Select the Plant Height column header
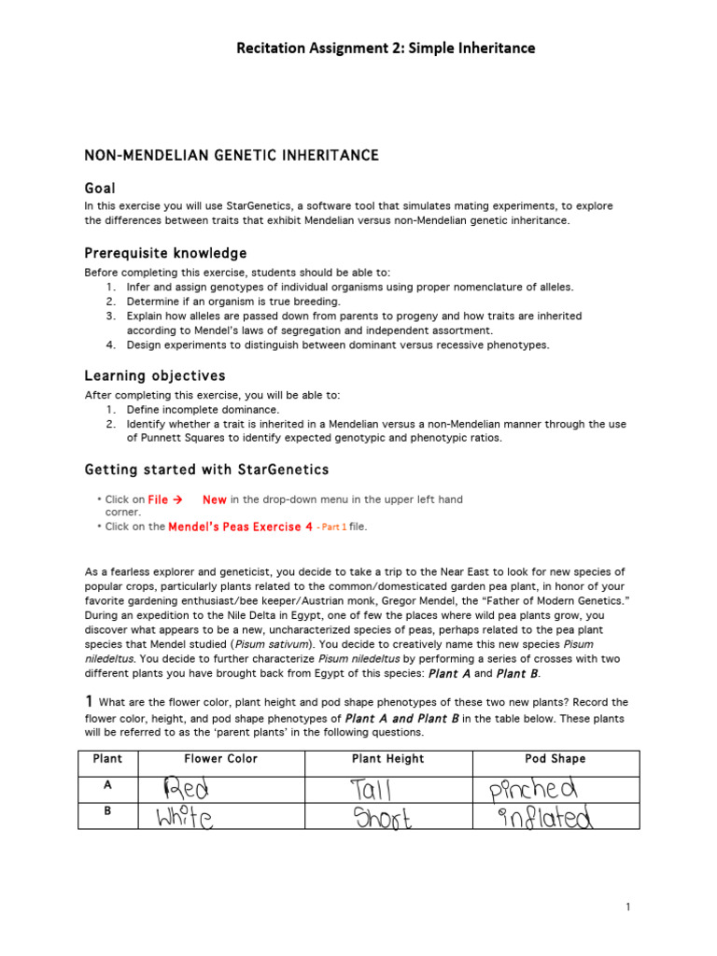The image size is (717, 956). point(387,759)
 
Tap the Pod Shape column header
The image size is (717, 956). point(555,759)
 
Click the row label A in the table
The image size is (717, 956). point(107,787)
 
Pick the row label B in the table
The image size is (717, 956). point(107,812)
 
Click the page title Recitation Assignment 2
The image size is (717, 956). point(387,48)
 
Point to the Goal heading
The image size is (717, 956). point(100,189)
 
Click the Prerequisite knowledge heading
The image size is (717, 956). point(165,253)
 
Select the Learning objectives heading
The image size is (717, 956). point(155,375)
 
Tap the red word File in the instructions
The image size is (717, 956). point(158,499)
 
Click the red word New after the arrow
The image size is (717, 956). point(215,499)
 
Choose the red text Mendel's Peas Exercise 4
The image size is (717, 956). point(240,527)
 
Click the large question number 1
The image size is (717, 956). point(89,701)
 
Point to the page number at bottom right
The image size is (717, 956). point(628,907)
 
